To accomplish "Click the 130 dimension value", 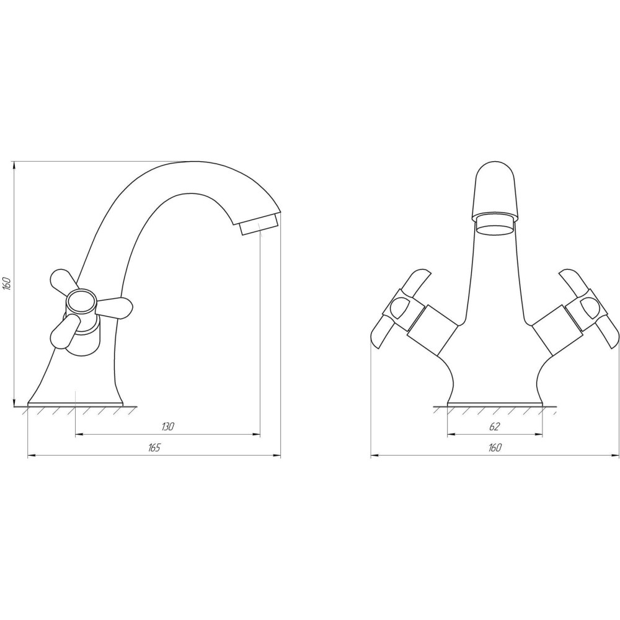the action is [x=168, y=427].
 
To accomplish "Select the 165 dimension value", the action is [x=154, y=448].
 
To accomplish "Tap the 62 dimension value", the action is [x=495, y=427].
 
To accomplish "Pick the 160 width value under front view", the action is [x=495, y=448].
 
